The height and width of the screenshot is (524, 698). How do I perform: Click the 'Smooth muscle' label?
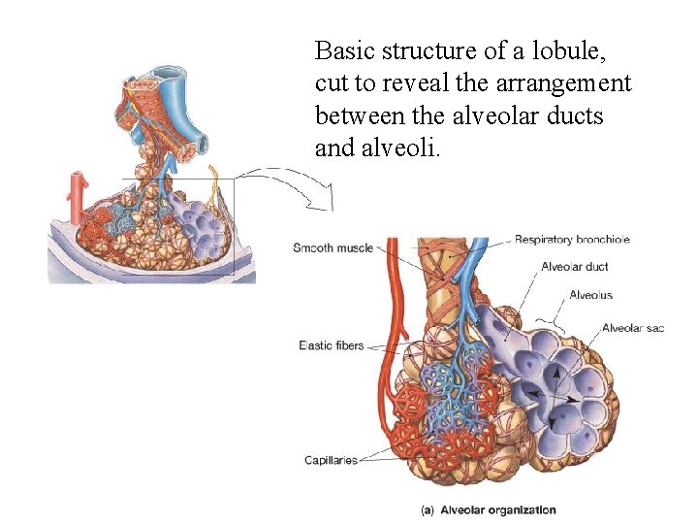point(333,248)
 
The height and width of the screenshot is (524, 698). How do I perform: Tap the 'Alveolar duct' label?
point(575,267)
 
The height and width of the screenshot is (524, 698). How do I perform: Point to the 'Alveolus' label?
point(590,295)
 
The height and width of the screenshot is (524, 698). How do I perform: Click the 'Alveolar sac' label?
point(632,328)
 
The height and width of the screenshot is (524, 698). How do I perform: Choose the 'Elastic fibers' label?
point(331,345)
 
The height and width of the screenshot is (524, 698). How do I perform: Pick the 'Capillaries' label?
point(331,460)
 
